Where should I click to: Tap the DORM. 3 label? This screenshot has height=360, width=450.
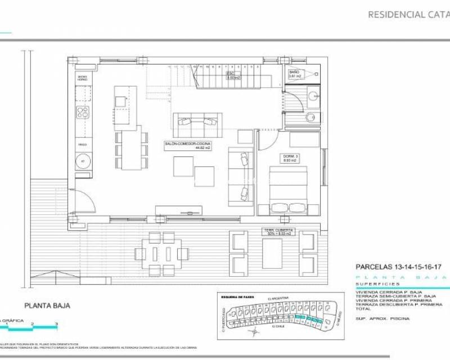pyautogui.click(x=289, y=158)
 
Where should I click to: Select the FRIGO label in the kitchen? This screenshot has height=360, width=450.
pyautogui.click(x=82, y=145)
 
